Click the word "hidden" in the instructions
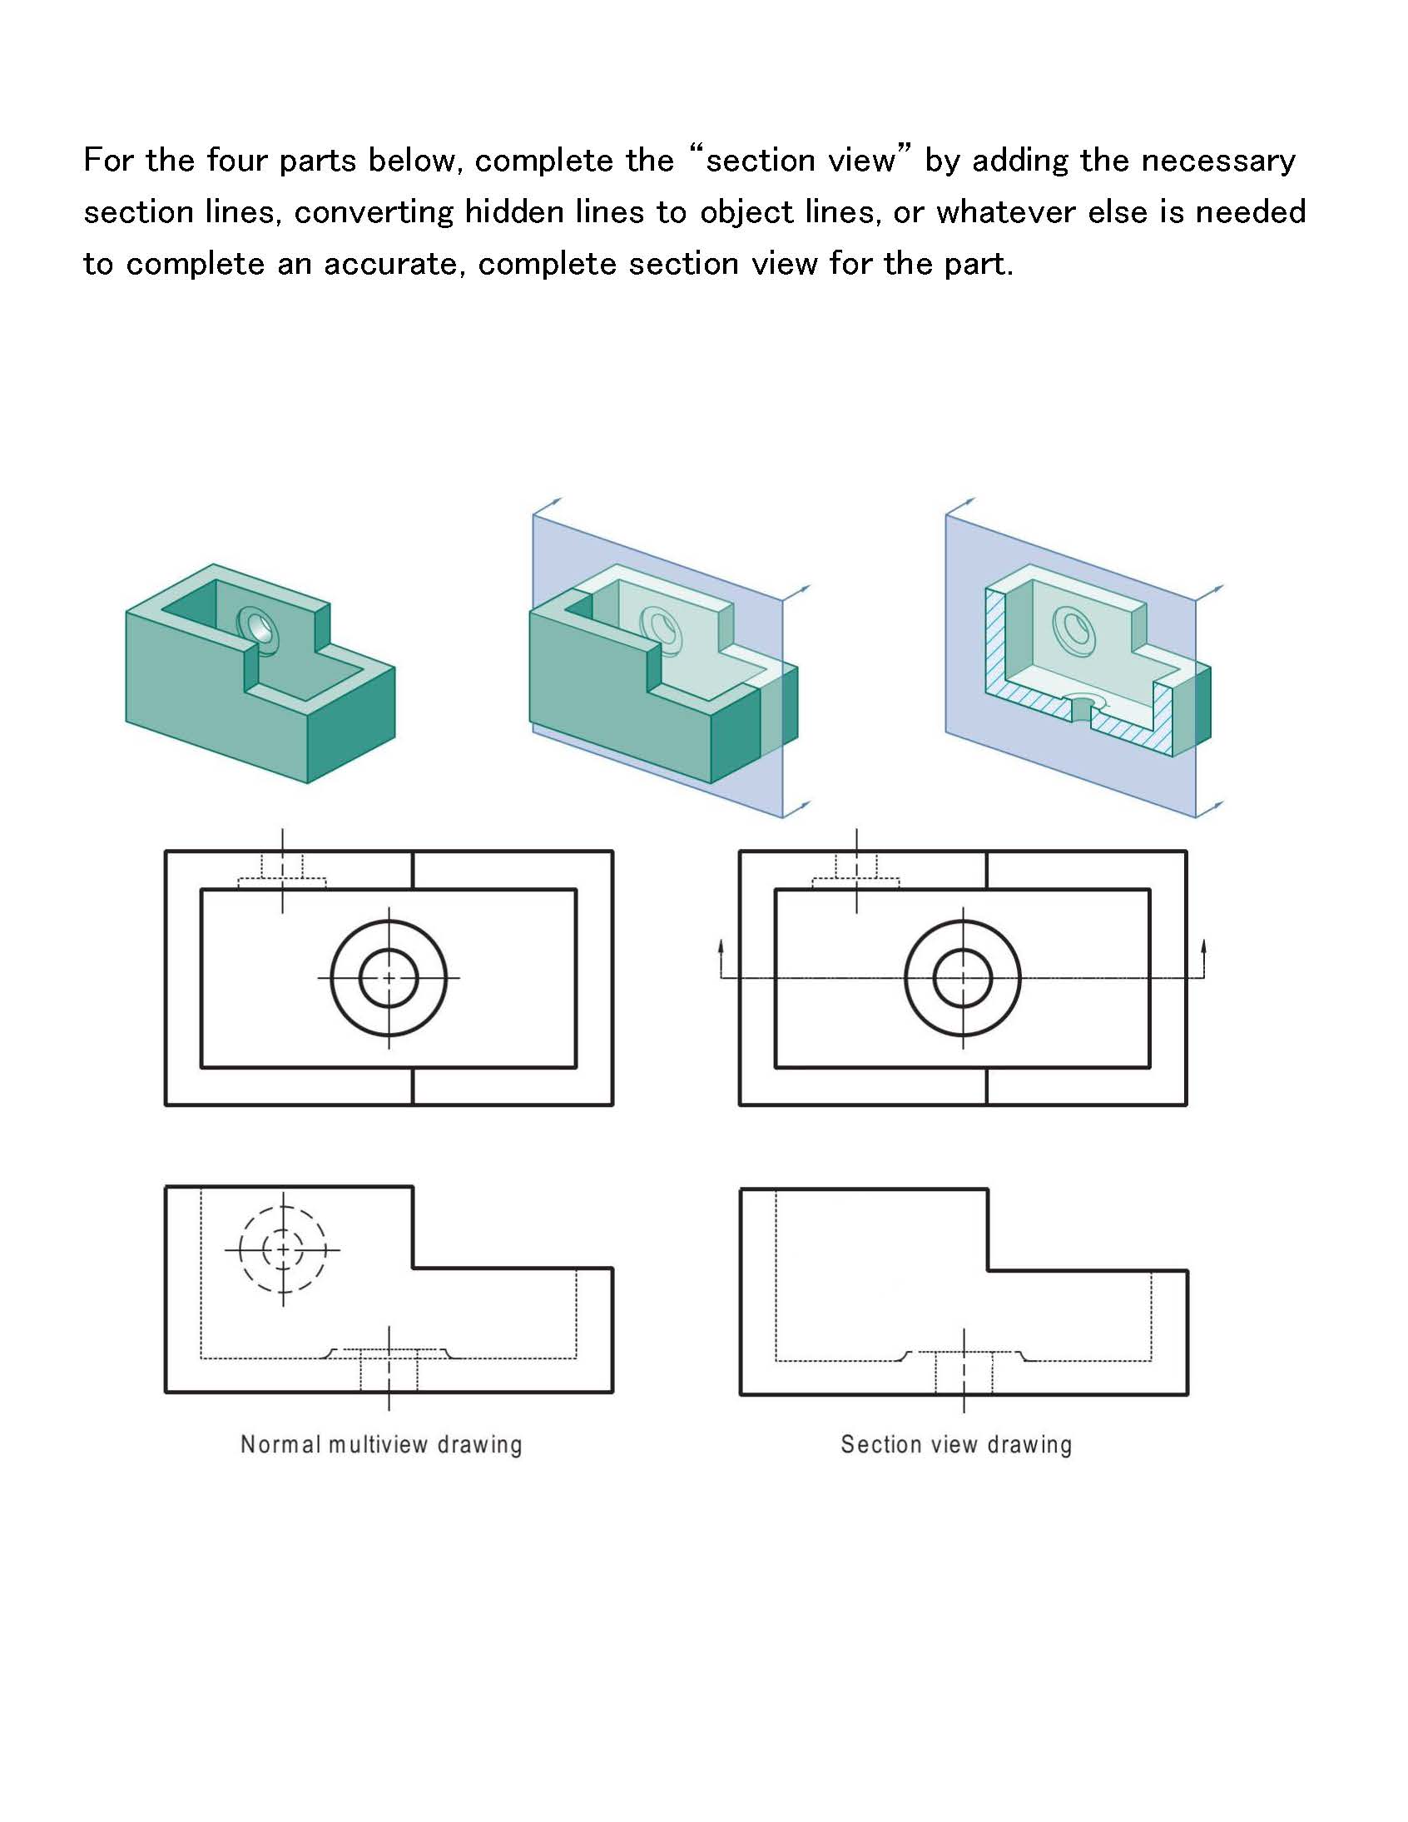pyautogui.click(x=513, y=212)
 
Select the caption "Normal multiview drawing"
pyautogui.click(x=381, y=1444)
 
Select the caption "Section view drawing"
pyautogui.click(x=956, y=1444)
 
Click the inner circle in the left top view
pyautogui.click(x=389, y=977)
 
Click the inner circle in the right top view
pyautogui.click(x=963, y=977)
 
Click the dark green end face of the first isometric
pyautogui.click(x=350, y=723)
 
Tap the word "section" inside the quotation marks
pyautogui.click(x=755, y=160)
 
